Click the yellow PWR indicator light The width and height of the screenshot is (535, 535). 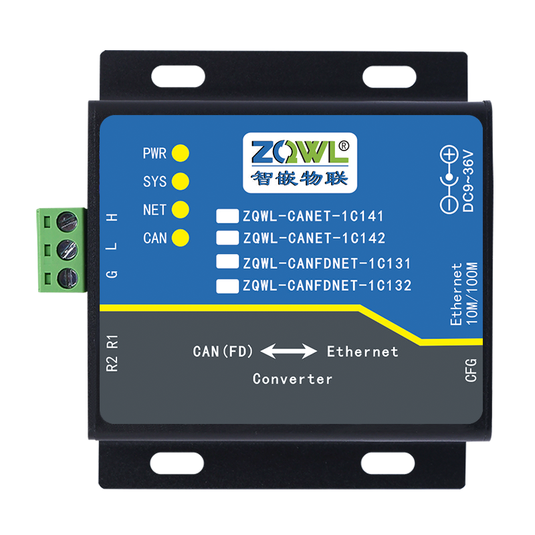click(180, 153)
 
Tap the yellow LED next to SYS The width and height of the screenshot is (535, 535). click(180, 181)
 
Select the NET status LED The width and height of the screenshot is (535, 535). click(180, 210)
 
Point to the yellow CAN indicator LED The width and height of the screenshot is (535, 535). click(180, 237)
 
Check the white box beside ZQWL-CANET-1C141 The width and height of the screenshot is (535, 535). click(227, 216)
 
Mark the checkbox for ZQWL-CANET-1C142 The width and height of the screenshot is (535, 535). click(227, 237)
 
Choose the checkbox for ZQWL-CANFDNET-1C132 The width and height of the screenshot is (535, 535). click(227, 286)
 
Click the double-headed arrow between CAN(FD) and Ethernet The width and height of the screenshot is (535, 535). click(288, 351)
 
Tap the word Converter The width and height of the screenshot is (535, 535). click(292, 379)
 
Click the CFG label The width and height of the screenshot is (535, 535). click(470, 370)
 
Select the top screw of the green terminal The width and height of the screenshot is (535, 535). click(67, 220)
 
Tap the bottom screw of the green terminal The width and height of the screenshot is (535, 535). click(67, 277)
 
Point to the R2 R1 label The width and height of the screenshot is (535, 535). click(112, 354)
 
